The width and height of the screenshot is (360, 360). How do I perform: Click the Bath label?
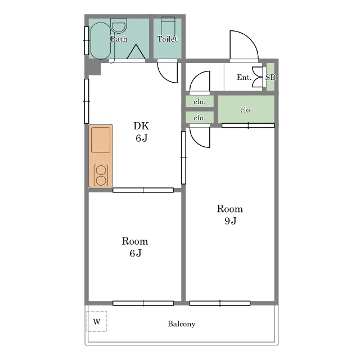119,39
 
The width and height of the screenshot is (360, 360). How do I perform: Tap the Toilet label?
167,39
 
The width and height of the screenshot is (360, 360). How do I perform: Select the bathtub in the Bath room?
101,41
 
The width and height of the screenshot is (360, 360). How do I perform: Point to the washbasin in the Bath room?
119,26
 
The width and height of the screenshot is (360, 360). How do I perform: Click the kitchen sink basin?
101,140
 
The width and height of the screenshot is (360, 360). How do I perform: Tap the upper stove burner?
101,170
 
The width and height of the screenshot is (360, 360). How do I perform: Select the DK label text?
141,126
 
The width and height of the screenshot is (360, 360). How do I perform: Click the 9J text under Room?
230,220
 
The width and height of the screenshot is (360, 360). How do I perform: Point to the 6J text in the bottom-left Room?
136,253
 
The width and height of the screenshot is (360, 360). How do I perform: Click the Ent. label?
244,78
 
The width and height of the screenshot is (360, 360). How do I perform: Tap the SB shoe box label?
271,77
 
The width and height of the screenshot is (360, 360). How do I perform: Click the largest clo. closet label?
246,110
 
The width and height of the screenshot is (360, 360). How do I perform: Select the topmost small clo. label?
199,102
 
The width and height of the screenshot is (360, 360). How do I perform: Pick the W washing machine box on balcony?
97,321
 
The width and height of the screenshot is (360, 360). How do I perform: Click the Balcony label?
181,324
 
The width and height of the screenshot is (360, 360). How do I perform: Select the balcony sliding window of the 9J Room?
220,303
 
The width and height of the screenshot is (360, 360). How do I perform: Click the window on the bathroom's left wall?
87,40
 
